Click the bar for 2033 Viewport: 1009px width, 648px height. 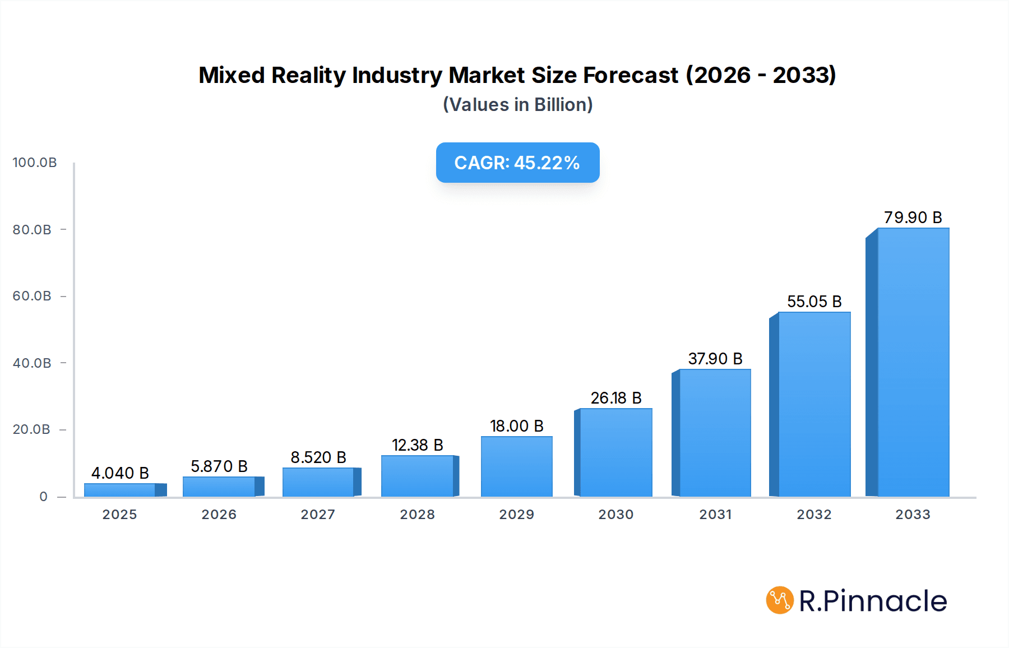coord(913,362)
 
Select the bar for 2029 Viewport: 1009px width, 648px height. coord(516,466)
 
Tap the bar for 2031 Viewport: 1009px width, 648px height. coord(715,433)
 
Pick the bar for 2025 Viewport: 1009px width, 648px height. coord(119,490)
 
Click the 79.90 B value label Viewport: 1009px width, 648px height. coord(913,217)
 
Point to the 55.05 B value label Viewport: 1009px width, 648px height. coord(814,302)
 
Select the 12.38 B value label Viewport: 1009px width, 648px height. coord(417,445)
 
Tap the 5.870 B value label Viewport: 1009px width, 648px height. coord(219,466)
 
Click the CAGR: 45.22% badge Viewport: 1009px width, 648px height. coord(517,163)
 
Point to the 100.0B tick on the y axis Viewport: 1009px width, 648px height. coord(35,163)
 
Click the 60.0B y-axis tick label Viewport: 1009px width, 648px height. coord(32,296)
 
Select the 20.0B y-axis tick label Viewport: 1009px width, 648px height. coord(32,429)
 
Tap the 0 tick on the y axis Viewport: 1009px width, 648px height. coord(44,497)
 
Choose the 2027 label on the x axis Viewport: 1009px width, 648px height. coord(318,515)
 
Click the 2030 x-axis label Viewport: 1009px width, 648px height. coord(615,515)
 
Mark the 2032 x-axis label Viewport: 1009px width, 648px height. coord(814,515)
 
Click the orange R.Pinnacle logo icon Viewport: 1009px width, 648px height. coord(780,600)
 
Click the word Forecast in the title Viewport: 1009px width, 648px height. coord(631,75)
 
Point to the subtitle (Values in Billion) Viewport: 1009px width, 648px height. coord(517,105)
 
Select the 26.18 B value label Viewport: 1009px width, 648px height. coord(615,398)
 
